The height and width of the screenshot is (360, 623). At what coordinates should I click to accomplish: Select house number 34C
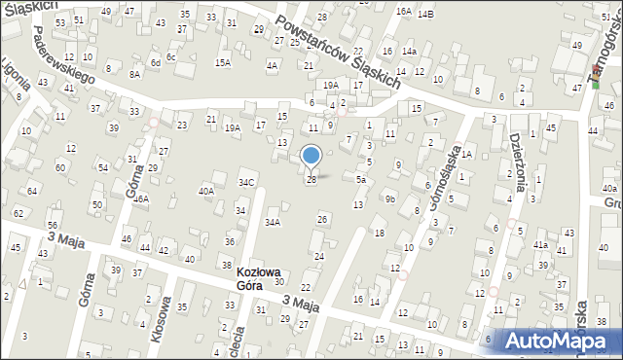247,182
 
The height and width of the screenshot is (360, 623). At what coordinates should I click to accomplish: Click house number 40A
206,192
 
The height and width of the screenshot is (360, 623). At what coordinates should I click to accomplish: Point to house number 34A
274,223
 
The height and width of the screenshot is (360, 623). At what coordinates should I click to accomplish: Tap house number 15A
223,62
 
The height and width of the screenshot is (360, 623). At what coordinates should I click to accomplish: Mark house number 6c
170,57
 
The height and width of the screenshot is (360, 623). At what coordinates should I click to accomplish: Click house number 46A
141,198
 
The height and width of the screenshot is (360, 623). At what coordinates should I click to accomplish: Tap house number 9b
389,198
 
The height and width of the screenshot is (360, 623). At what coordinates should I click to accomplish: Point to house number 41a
540,245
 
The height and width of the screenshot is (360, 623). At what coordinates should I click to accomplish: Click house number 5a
360,180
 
